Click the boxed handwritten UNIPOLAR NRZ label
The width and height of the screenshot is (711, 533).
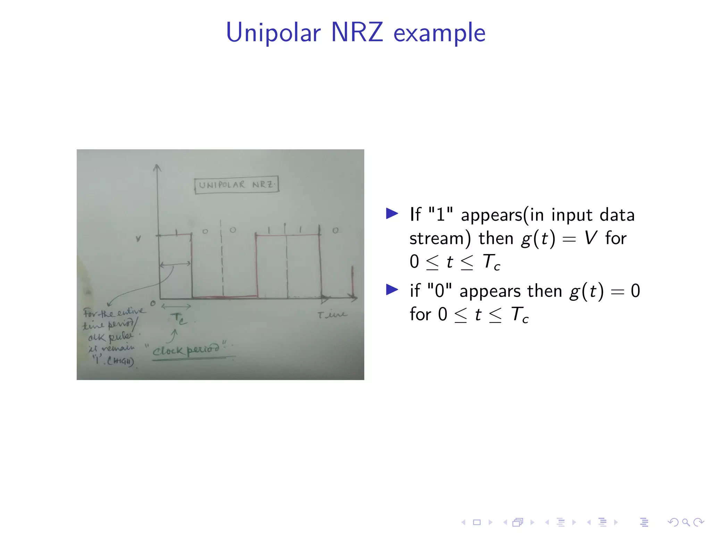(x=236, y=185)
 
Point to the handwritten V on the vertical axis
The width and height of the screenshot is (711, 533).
(x=139, y=239)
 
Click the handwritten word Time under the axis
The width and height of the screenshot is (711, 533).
(x=332, y=314)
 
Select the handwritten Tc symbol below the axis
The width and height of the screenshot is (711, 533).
(x=179, y=319)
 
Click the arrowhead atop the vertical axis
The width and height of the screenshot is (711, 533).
(x=157, y=168)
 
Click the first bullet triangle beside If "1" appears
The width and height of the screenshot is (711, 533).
(x=392, y=213)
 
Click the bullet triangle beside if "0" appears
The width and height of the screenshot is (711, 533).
(x=392, y=289)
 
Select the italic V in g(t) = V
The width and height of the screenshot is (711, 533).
(x=590, y=238)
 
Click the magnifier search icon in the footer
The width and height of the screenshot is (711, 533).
(x=686, y=522)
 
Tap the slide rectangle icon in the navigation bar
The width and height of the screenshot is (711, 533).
(x=477, y=522)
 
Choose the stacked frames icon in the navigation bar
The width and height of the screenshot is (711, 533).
(x=518, y=522)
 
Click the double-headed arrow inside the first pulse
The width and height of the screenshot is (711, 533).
(x=175, y=264)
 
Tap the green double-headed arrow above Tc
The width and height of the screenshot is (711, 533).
(x=176, y=306)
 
